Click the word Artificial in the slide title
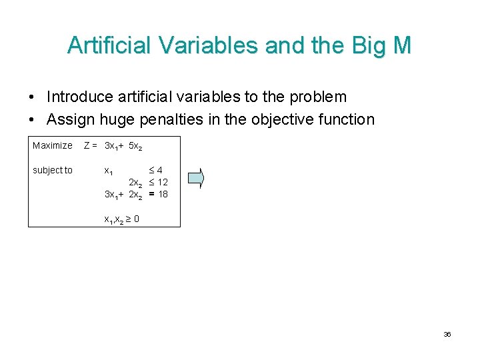click(106, 45)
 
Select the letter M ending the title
click(401, 45)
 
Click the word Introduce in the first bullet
click(80, 97)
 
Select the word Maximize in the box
click(53, 145)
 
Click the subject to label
click(53, 170)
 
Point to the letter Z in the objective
click(87, 145)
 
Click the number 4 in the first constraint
click(160, 170)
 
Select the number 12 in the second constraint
click(163, 182)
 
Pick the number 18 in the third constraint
click(163, 194)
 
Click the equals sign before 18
click(152, 194)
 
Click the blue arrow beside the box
click(196, 177)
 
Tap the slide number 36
click(447, 334)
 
